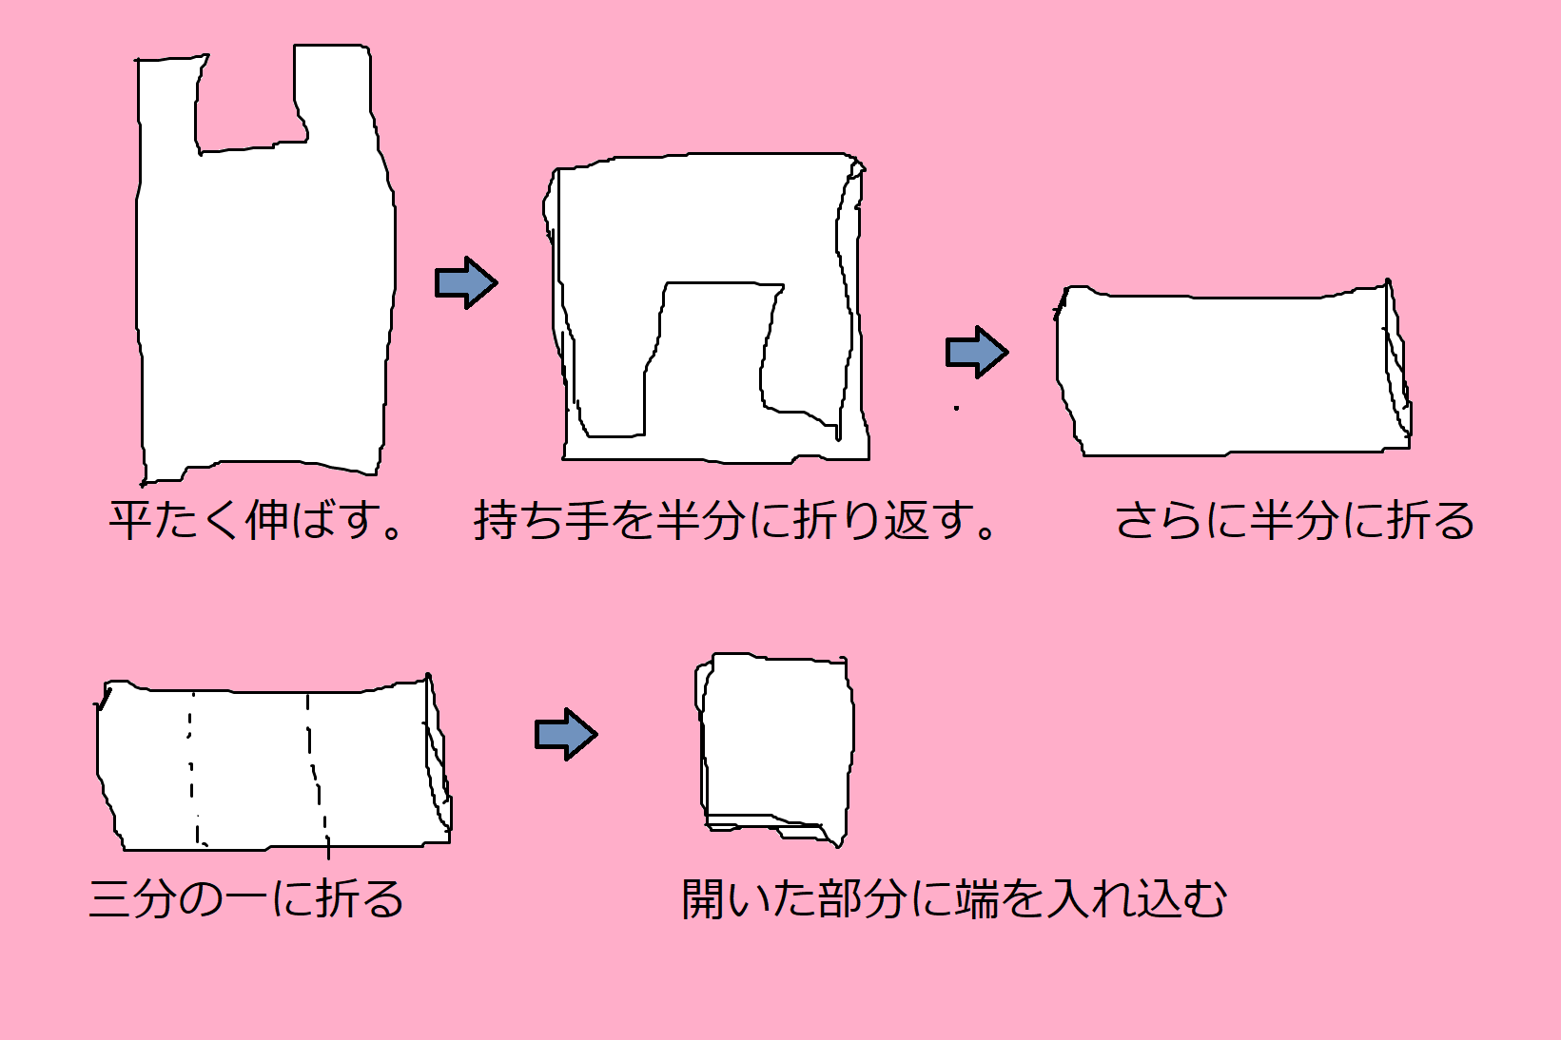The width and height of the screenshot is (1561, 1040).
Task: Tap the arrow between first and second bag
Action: pos(465,282)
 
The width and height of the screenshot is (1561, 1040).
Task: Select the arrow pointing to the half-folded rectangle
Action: pos(976,353)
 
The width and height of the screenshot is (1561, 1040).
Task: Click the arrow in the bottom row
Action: pos(565,734)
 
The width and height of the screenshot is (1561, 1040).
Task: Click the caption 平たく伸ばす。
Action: pos(257,520)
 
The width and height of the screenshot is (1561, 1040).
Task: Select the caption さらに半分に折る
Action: pos(1294,520)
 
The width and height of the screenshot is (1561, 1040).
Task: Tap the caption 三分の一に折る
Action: pos(246,898)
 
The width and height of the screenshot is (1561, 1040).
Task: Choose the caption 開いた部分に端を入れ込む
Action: pos(954,898)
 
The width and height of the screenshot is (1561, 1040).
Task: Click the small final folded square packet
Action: pos(775,741)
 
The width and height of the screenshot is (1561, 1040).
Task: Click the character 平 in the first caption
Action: pos(131,520)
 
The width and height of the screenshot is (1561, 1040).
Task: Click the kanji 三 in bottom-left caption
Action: pos(109,898)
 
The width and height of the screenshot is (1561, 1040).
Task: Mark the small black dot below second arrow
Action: pos(956,409)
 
